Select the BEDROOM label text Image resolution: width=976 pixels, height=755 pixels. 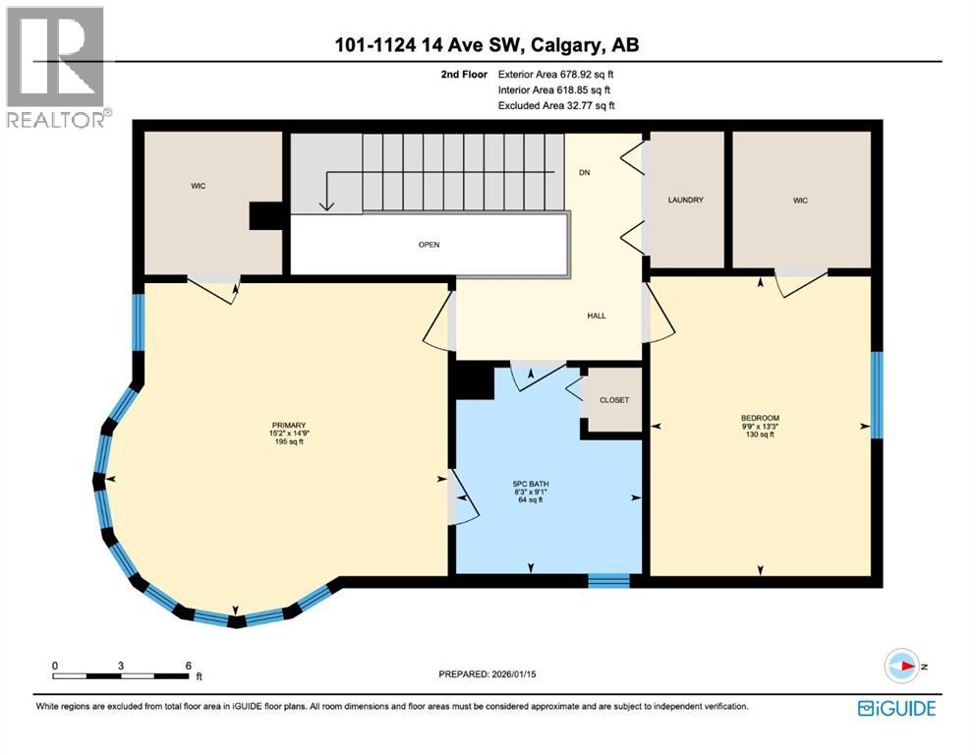tap(759, 418)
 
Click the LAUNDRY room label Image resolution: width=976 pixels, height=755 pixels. tap(685, 201)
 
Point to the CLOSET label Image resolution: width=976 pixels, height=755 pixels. tap(613, 400)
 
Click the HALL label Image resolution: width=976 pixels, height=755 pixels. tap(596, 316)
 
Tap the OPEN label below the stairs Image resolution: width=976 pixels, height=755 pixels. tap(429, 245)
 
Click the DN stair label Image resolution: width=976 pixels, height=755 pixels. tap(584, 172)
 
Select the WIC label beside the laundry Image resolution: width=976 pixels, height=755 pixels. tap(800, 201)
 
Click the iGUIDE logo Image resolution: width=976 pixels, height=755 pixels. tap(896, 708)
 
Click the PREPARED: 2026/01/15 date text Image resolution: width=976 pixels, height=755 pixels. tap(493, 673)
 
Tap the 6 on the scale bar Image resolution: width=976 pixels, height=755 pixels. tap(188, 666)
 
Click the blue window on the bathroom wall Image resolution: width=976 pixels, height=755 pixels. tap(608, 580)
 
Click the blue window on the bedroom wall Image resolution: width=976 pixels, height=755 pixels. tap(877, 393)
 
